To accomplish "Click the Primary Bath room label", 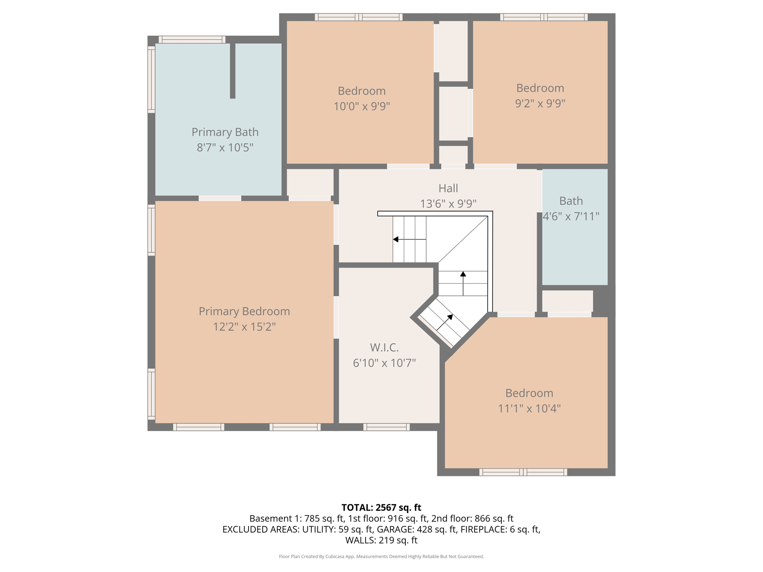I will click(x=225, y=132).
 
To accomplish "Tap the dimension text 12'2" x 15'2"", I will click(x=244, y=327).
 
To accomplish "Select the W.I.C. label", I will click(x=384, y=347).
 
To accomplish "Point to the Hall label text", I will click(x=448, y=188).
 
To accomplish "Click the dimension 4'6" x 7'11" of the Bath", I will click(x=571, y=216).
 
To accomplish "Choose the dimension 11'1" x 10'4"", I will click(x=529, y=409).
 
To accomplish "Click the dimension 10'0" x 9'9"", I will click(x=361, y=107).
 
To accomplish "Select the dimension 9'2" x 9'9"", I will click(x=540, y=103).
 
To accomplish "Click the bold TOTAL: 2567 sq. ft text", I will click(x=381, y=508).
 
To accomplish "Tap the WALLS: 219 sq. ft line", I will click(x=381, y=540).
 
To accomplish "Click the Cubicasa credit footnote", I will click(x=381, y=556).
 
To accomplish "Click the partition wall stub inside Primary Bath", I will click(x=232, y=71).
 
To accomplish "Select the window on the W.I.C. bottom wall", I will click(x=386, y=427).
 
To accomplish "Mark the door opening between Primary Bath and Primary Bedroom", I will click(x=220, y=198).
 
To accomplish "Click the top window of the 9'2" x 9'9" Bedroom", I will click(x=544, y=17).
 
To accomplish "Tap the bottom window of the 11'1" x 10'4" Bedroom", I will click(x=523, y=472).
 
